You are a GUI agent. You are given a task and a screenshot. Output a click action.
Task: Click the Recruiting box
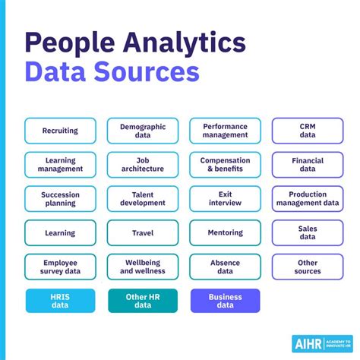tap(60, 131)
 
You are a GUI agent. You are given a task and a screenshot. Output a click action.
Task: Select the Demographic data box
tap(143, 131)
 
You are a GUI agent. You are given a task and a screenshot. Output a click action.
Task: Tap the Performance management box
tap(225, 131)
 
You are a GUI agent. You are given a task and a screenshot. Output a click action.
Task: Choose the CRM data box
tap(307, 131)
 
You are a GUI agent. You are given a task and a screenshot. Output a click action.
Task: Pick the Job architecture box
tap(143, 165)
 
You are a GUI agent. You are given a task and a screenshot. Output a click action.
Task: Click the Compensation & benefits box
tap(225, 165)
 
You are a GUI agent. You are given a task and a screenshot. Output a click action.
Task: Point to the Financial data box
tap(307, 165)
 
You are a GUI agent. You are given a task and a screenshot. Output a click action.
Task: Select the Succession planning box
tap(60, 199)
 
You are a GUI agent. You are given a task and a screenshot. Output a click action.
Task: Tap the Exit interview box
tap(225, 199)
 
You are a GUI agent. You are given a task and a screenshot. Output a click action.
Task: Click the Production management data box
tap(307, 199)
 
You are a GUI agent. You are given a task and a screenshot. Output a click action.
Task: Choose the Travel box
tap(143, 233)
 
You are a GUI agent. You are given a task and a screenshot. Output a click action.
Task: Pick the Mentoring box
tap(225, 233)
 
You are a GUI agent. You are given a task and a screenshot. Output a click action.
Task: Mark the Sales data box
tap(307, 233)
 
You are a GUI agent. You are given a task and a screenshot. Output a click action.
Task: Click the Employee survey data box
tap(60, 267)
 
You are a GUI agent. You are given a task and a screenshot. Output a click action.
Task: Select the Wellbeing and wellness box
tap(143, 267)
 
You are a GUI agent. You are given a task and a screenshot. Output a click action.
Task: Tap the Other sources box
tap(307, 267)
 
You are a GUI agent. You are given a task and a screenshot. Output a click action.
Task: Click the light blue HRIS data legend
tap(60, 301)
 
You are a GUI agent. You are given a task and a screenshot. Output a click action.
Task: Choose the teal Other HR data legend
tap(143, 301)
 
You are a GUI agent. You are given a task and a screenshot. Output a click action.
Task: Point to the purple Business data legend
tap(225, 301)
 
